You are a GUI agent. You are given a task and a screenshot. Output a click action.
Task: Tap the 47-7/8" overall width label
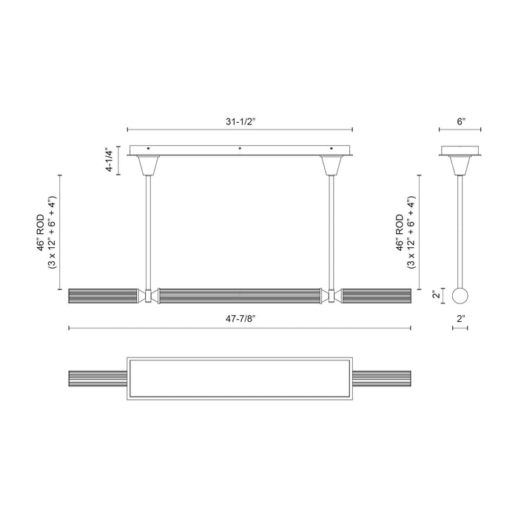[239, 319]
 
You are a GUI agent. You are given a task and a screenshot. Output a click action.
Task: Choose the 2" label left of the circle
[437, 295]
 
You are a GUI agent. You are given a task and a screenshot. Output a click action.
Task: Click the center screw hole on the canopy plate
[239, 150]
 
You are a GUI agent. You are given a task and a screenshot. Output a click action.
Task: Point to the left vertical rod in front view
[150, 229]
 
